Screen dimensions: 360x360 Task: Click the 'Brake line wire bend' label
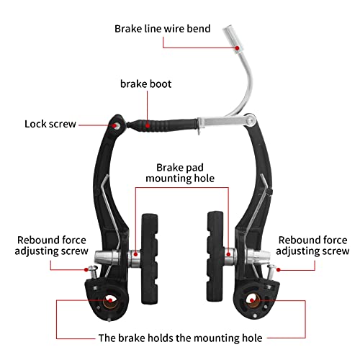tap(163, 29)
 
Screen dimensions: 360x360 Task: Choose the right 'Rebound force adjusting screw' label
tap(312, 246)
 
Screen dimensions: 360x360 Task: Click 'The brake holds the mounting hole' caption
tap(180, 336)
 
